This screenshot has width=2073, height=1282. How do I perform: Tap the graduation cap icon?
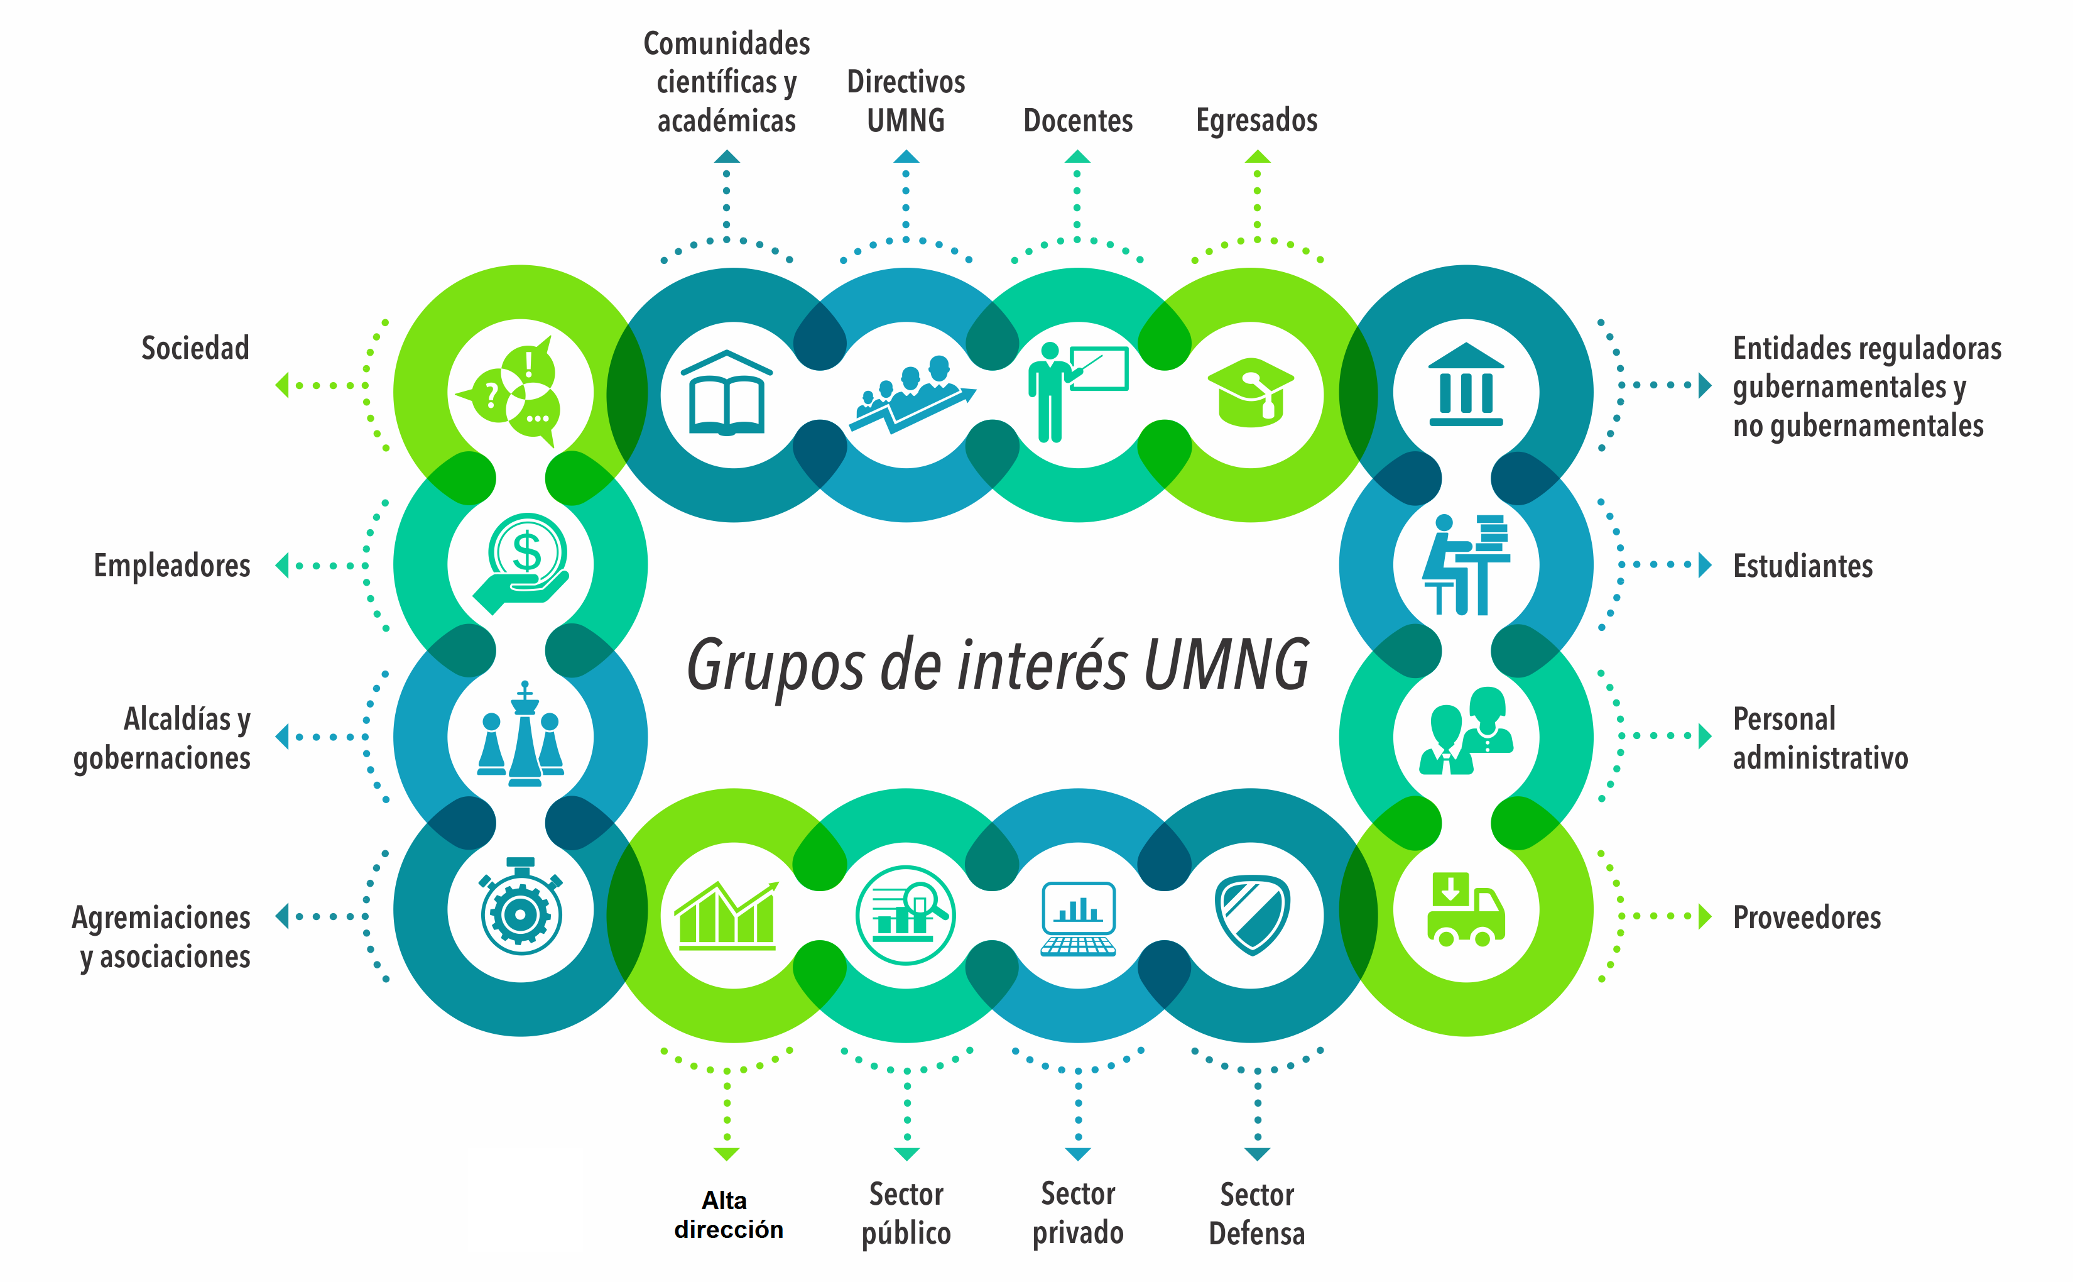(x=1250, y=393)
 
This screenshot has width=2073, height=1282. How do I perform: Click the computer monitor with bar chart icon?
(x=1078, y=918)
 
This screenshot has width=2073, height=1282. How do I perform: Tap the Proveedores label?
(x=1806, y=918)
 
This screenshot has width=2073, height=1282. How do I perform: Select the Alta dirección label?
(x=727, y=1214)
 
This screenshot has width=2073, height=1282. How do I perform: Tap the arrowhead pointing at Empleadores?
(x=282, y=565)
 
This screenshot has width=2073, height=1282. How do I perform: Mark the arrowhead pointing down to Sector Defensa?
(x=1257, y=1153)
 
